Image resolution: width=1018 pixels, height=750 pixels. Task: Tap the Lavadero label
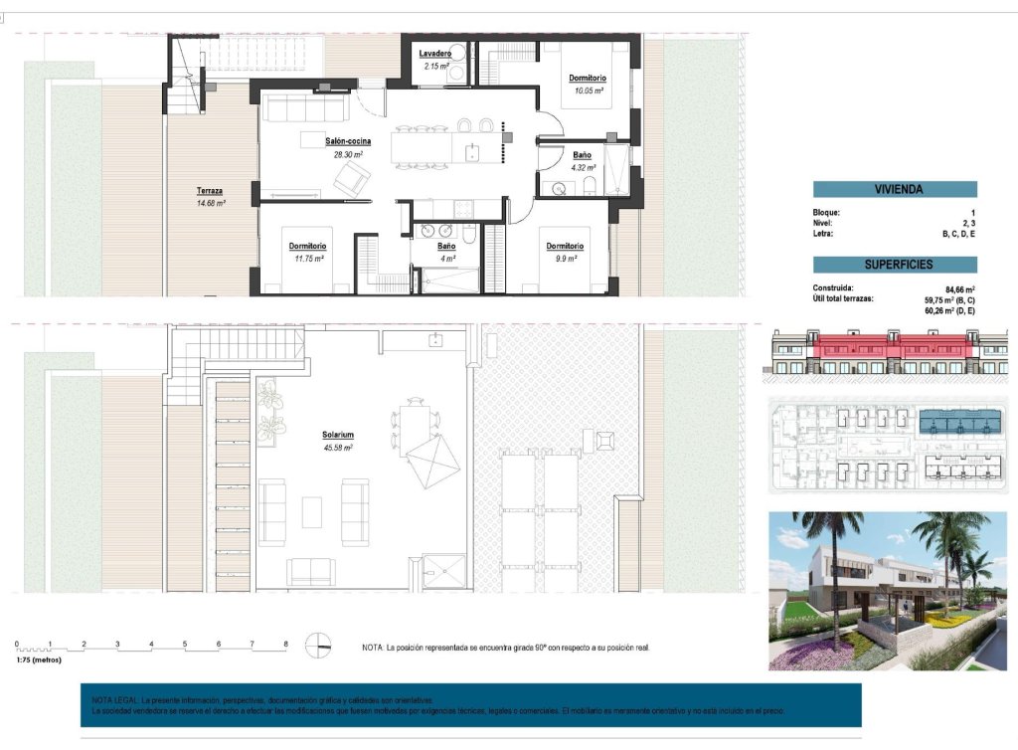pyautogui.click(x=435, y=53)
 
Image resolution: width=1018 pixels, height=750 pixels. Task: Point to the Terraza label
pyautogui.click(x=210, y=190)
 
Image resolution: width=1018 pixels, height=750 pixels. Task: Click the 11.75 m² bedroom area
pyautogui.click(x=309, y=259)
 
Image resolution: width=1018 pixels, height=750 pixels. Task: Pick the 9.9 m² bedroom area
pyautogui.click(x=563, y=259)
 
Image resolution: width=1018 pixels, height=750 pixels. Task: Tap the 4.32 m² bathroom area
pyautogui.click(x=582, y=168)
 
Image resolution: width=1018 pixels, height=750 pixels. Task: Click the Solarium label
pyautogui.click(x=338, y=436)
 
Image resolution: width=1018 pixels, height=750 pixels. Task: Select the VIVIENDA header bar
pyautogui.click(x=895, y=189)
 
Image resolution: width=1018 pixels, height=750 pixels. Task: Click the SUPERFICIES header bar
pyautogui.click(x=895, y=265)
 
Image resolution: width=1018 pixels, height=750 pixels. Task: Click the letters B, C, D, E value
pyautogui.click(x=958, y=234)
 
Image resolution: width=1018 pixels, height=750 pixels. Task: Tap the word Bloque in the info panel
pyautogui.click(x=827, y=212)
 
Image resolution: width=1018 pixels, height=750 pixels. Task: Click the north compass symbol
pyautogui.click(x=318, y=646)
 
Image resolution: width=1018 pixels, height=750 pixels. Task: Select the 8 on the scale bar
pyautogui.click(x=285, y=644)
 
